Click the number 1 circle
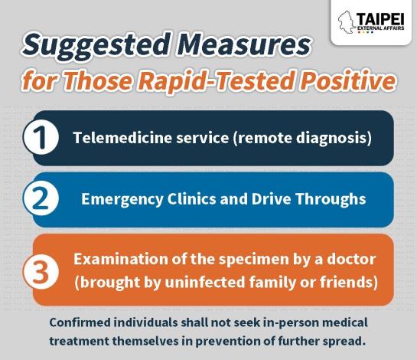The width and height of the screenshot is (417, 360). pos(41,137)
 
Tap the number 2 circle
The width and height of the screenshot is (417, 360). pos(41,199)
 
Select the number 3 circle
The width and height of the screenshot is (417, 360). pos(41,272)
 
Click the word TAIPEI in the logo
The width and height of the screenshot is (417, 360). pos(380,19)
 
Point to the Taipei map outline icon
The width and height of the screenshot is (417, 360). pos(347,22)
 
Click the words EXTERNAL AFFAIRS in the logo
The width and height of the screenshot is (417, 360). pos(381,28)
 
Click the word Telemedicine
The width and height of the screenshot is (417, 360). pos(122,138)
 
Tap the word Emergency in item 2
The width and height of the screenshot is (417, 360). pos(122,200)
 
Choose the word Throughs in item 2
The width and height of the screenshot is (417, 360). pos(331,199)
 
